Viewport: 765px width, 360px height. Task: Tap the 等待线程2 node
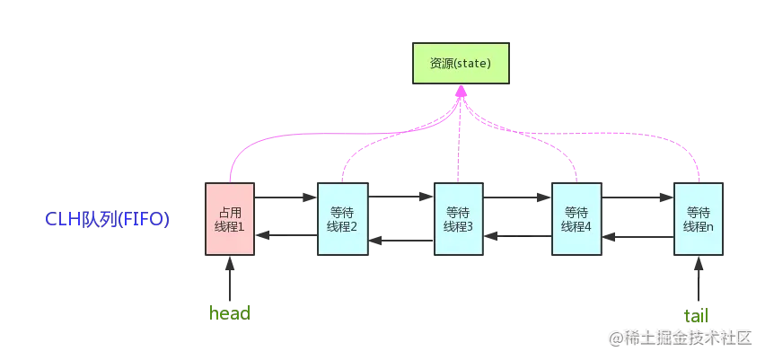coord(343,219)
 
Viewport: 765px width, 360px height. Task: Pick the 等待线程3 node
coord(458,219)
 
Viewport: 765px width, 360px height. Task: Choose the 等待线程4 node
coord(576,219)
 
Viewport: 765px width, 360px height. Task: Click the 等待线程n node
coord(699,219)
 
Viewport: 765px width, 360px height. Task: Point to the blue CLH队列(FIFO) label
coord(108,220)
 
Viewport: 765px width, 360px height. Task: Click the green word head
coord(230,314)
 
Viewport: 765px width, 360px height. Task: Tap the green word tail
coord(697,315)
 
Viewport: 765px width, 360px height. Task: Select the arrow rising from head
coord(230,280)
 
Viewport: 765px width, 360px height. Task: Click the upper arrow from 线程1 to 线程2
coord(286,195)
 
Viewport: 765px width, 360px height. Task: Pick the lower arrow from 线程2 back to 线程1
coord(286,236)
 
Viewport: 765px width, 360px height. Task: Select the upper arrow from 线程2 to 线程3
coord(400,195)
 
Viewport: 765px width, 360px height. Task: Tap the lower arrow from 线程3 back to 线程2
coord(400,240)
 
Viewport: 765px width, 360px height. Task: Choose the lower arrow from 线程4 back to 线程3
coord(517,236)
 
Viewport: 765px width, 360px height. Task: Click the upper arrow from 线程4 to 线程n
coord(637,195)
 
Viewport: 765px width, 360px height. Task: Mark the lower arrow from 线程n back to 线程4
coord(637,238)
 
